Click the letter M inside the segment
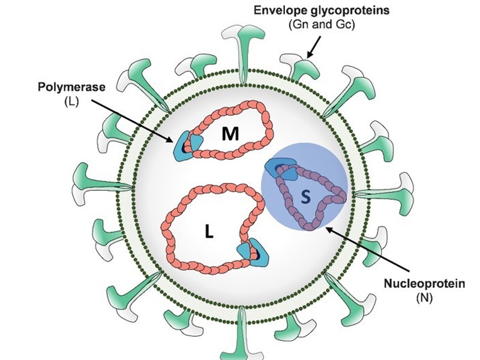229,134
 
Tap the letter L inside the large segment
208,232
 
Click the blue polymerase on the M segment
189,146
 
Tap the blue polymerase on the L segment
249,250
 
